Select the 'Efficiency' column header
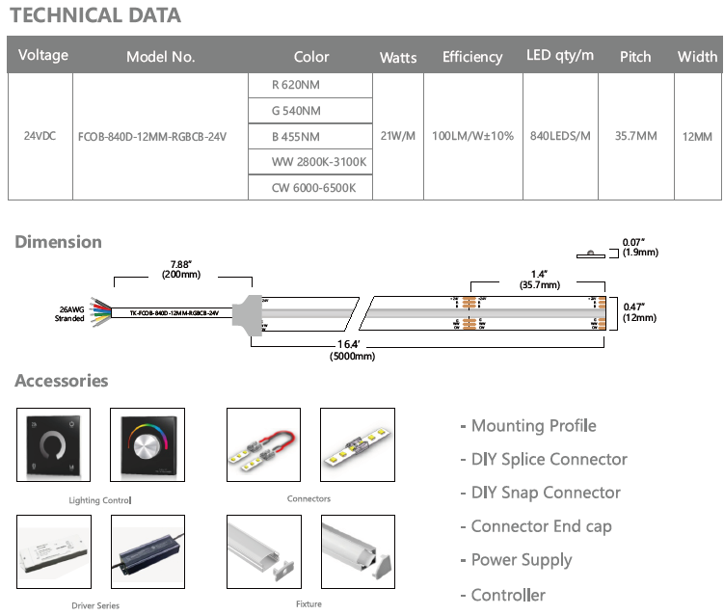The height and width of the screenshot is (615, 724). tap(471, 57)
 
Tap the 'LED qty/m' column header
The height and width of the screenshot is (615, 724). tap(560, 55)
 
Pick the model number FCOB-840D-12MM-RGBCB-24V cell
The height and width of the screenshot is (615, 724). tap(151, 136)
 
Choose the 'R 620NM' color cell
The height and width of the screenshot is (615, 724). tap(297, 85)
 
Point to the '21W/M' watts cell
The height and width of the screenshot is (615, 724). tap(398, 136)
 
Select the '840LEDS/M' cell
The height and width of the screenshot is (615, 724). tap(560, 136)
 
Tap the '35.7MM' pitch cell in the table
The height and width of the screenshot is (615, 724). tap(635, 136)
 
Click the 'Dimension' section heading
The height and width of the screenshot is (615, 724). tap(58, 242)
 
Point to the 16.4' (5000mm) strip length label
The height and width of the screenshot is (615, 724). tap(350, 350)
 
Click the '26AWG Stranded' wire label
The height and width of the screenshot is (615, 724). tap(68, 313)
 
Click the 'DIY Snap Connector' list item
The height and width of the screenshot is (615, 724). tap(546, 493)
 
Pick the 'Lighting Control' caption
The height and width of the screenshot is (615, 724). tap(100, 500)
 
